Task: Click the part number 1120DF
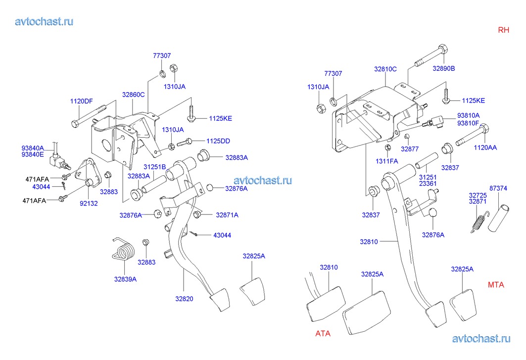click(81, 102)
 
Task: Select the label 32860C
click(133, 95)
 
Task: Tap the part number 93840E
click(33, 154)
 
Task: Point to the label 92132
click(90, 203)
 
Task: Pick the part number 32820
click(184, 299)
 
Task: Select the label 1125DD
click(219, 141)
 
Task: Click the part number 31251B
click(154, 166)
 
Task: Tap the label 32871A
click(227, 215)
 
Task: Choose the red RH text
click(503, 30)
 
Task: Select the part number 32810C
click(385, 69)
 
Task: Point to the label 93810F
click(468, 123)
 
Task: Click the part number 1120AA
click(485, 147)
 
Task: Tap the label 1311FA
click(386, 161)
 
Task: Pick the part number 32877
click(410, 149)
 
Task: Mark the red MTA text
click(496, 285)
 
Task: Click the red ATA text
click(323, 333)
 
